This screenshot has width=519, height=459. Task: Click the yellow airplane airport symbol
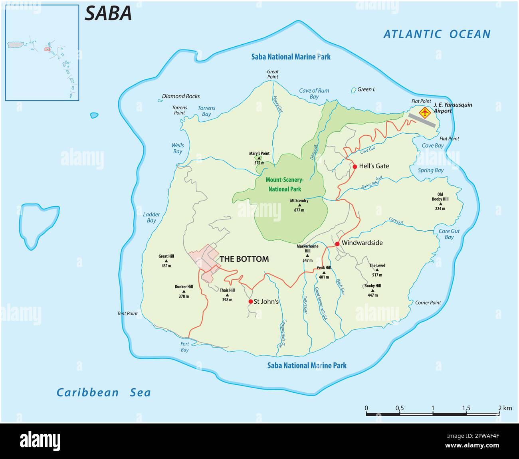[424, 113]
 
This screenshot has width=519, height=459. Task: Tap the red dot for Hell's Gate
[355, 166]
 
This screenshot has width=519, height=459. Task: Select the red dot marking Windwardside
[337, 243]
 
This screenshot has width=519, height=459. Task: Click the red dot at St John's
[250, 301]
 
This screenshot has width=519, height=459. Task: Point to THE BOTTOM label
[244, 259]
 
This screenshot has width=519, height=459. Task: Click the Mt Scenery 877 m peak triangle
[299, 205]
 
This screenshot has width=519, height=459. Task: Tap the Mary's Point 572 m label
[259, 158]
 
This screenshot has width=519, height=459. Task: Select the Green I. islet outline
[353, 91]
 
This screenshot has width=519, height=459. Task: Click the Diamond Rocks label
[180, 96]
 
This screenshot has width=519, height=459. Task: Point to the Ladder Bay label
[151, 218]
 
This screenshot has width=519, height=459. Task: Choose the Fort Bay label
[184, 347]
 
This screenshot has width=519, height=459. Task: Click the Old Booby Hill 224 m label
[440, 201]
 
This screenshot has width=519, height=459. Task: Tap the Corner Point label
[428, 303]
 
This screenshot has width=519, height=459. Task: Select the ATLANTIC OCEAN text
[437, 34]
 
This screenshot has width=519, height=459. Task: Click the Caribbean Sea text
[104, 392]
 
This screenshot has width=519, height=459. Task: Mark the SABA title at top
[108, 14]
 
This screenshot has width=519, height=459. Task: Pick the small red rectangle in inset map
[47, 49]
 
